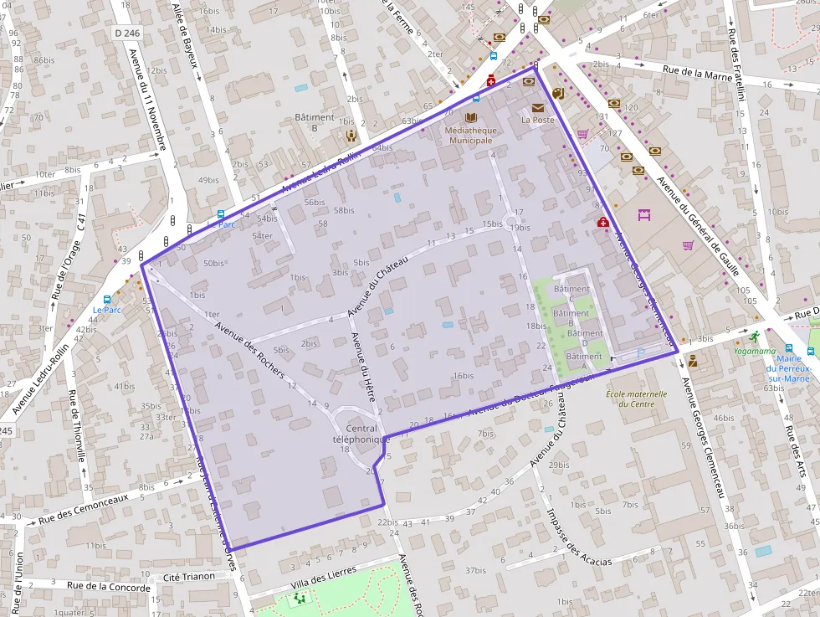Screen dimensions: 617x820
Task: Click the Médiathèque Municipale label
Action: tap(470, 135)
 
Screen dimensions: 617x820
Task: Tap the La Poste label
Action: tap(537, 120)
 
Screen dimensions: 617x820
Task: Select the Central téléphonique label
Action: tap(361, 434)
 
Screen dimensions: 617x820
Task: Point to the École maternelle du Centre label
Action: tap(637, 398)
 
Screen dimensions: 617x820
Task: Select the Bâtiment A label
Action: tap(583, 356)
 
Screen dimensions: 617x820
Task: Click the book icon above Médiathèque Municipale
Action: tap(470, 118)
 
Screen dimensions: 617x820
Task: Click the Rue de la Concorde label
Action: tap(109, 587)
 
